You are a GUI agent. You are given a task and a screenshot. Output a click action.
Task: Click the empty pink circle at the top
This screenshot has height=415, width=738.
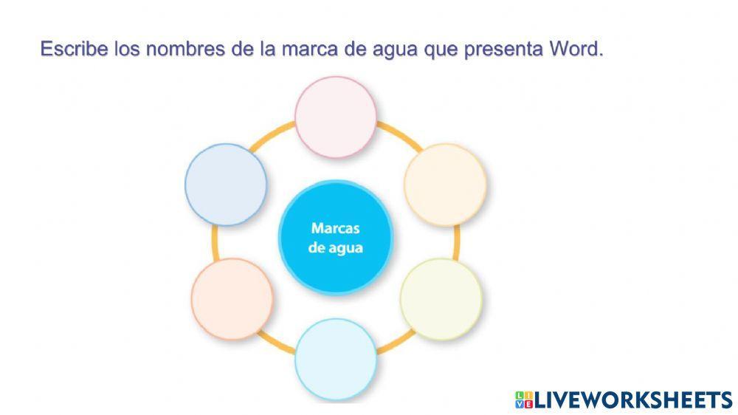tap(336, 117)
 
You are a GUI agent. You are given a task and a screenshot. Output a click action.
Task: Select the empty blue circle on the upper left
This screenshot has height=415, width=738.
tap(226, 185)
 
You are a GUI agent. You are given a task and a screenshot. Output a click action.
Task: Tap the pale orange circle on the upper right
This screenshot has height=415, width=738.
tap(445, 185)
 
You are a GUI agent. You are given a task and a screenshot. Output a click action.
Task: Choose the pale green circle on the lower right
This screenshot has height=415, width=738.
tap(441, 299)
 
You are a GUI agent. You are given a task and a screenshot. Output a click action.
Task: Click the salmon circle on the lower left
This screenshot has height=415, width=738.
tap(232, 299)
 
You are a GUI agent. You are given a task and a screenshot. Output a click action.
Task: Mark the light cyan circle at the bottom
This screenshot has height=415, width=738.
tap(336, 360)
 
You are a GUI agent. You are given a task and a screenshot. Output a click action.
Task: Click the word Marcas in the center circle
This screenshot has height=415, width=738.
tap(336, 228)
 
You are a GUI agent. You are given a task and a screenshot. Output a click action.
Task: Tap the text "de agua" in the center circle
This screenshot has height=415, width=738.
tap(336, 248)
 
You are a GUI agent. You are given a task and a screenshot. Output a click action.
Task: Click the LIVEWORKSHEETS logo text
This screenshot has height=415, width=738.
tap(634, 400)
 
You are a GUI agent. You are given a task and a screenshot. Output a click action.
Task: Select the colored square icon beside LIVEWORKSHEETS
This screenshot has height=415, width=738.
tap(524, 400)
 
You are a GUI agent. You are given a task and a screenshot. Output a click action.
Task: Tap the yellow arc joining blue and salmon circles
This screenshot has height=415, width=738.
tap(215, 243)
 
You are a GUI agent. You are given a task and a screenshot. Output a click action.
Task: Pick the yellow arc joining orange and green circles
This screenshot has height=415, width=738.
tap(456, 243)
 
